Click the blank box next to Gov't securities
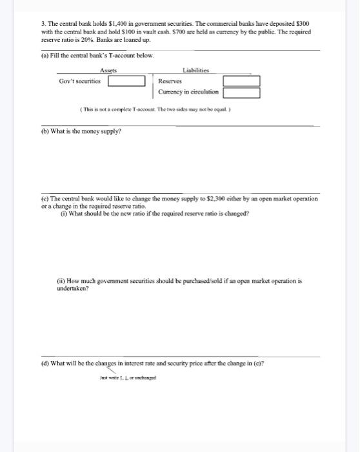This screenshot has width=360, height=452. [126, 81]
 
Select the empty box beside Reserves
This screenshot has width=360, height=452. [241, 81]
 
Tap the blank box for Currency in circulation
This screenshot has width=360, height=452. [241, 92]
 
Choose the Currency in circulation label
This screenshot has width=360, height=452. [188, 92]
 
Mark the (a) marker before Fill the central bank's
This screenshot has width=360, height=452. [45, 56]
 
